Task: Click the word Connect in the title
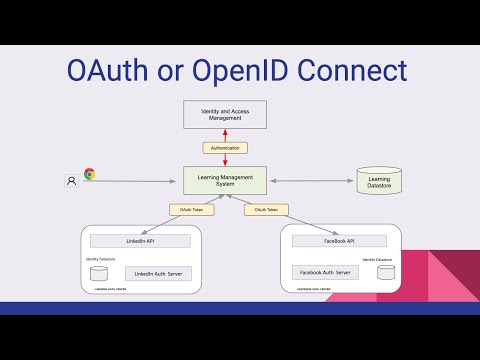click(349, 72)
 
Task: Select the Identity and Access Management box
click(225, 114)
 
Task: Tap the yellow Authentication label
click(225, 148)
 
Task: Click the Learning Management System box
click(225, 180)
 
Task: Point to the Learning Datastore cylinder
click(379, 181)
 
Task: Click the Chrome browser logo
click(89, 175)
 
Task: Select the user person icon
click(71, 181)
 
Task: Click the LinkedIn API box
click(140, 241)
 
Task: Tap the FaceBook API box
click(338, 241)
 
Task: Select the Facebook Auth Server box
click(325, 272)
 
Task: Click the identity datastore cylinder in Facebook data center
click(385, 273)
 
